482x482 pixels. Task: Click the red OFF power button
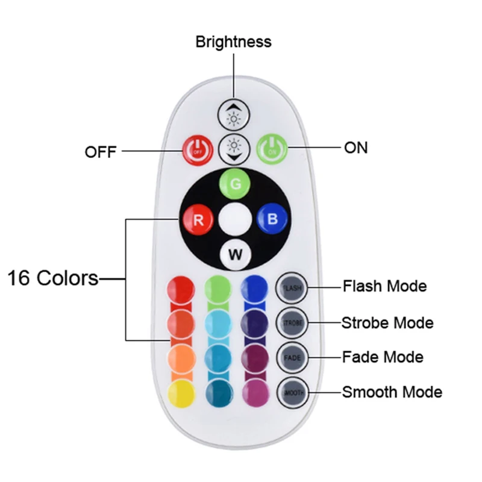pyautogui.click(x=196, y=149)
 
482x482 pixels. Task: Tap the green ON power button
pyautogui.click(x=272, y=148)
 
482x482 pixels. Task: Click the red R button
pyautogui.click(x=198, y=219)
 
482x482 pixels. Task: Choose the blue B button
pyautogui.click(x=272, y=219)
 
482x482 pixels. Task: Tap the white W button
pyautogui.click(x=235, y=254)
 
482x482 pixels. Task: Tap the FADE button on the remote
pyautogui.click(x=292, y=358)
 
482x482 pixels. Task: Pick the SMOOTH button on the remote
pyautogui.click(x=292, y=393)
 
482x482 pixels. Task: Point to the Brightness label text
pyautogui.click(x=233, y=42)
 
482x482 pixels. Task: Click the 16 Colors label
pyautogui.click(x=52, y=278)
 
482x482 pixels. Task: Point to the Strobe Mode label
pyautogui.click(x=387, y=322)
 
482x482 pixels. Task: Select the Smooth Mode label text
pyautogui.click(x=392, y=392)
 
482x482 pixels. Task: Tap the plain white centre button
pyautogui.click(x=234, y=219)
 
